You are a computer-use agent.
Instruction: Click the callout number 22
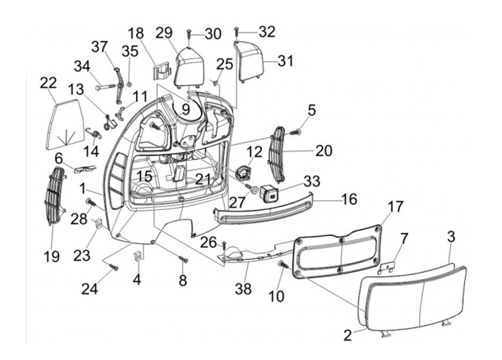pos(47,83)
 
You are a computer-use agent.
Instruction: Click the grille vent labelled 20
pos(277,153)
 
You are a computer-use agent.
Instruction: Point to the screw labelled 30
pos(190,32)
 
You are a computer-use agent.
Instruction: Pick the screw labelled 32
pos(237,31)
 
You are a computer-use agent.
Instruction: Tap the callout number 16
pos(349,200)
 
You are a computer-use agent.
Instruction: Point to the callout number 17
pos(395,207)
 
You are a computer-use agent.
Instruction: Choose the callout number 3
pos(451,236)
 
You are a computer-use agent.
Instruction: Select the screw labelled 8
pos(183,260)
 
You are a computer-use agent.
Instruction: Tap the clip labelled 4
pos(138,255)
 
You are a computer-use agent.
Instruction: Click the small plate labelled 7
pos(390,266)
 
